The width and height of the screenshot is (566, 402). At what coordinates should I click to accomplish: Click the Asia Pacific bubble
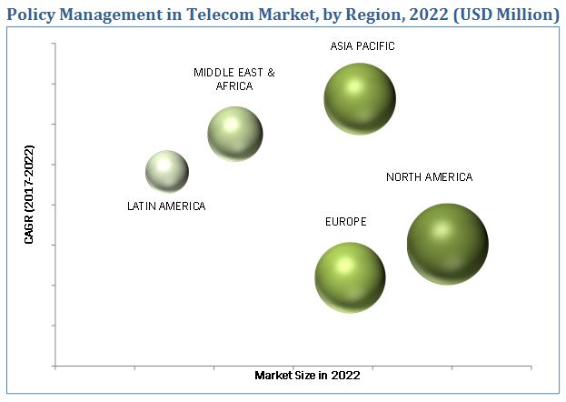360,99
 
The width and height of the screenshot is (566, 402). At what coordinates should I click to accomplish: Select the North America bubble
447,244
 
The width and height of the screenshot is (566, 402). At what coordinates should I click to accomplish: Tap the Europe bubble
350,276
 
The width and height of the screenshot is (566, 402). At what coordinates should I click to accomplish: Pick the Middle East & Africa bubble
235,134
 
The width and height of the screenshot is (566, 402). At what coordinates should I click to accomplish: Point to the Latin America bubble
167,172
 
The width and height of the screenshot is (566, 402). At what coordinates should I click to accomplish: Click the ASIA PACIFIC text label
362,45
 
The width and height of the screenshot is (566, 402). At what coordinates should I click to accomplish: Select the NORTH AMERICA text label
429,177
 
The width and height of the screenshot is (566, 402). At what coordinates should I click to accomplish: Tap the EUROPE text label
346,221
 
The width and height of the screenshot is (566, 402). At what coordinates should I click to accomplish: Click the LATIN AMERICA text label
166,206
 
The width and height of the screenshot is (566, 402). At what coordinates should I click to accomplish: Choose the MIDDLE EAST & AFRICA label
234,79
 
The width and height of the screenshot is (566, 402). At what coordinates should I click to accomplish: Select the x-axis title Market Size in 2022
307,375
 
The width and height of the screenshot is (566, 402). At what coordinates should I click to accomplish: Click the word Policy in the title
33,15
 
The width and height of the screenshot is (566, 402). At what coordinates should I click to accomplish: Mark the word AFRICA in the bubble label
234,85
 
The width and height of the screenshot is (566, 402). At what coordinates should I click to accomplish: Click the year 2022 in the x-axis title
346,375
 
